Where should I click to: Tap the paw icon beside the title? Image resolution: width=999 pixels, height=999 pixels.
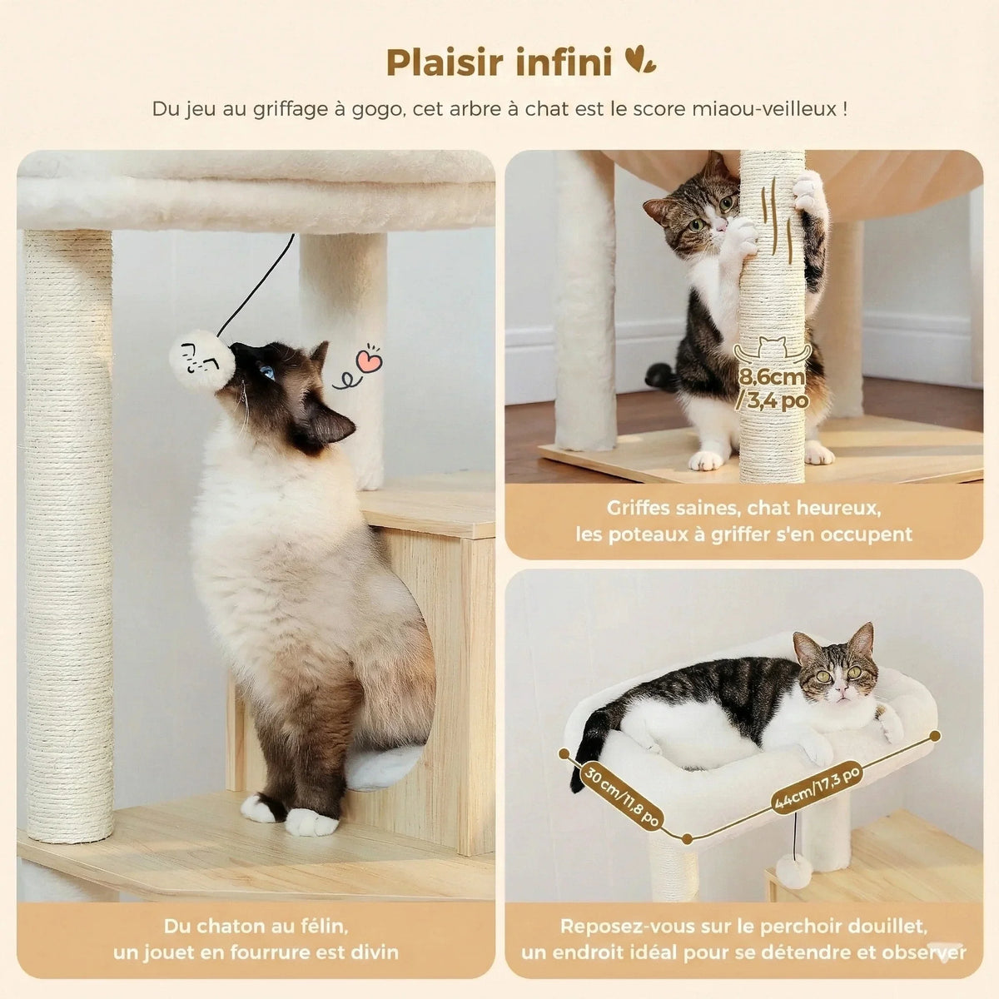pos(640,60)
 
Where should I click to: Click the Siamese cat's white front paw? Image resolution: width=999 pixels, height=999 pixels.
pos(312,823)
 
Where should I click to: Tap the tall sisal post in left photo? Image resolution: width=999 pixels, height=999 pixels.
pos(68,533)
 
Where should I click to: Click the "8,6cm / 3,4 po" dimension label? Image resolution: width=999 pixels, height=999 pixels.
pos(773,389)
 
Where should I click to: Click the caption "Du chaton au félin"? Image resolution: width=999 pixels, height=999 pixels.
pos(256,926)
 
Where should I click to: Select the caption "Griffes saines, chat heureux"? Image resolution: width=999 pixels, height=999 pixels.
pos(743,508)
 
